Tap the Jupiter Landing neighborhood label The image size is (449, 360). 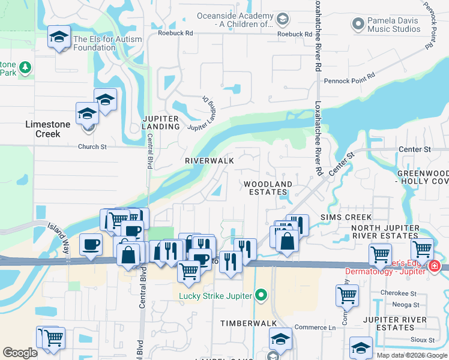[x=161, y=122]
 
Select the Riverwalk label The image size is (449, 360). [x=209, y=161]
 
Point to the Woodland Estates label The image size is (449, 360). [x=268, y=188]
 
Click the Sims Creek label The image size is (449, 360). [x=346, y=217]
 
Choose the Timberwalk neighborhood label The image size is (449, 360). [x=242, y=323]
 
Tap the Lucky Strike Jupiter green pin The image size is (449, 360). [x=261, y=295]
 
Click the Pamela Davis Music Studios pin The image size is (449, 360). [x=358, y=24]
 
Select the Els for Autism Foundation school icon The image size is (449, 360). [x=59, y=38]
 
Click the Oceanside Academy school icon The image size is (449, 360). [x=281, y=20]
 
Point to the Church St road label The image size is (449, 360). [x=92, y=146]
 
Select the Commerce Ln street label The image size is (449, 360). [x=315, y=328]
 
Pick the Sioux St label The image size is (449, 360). [x=424, y=340]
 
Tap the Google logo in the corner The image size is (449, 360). [x=20, y=353]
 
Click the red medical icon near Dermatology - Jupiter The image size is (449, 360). [x=435, y=266]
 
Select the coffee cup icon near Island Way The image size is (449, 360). [x=91, y=244]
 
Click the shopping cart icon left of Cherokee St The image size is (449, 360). [x=348, y=295]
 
